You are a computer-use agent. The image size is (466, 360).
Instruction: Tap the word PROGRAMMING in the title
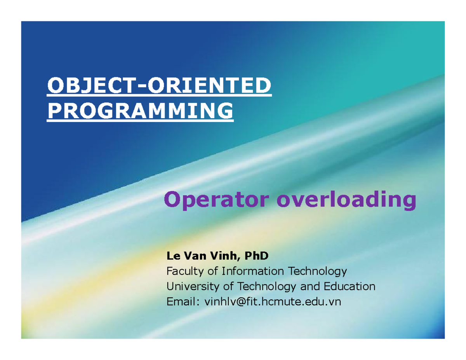point(140,111)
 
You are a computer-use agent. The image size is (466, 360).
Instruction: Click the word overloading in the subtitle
point(346,201)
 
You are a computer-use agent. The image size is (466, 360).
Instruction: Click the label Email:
point(181,302)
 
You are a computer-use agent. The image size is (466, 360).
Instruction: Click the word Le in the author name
point(171,256)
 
